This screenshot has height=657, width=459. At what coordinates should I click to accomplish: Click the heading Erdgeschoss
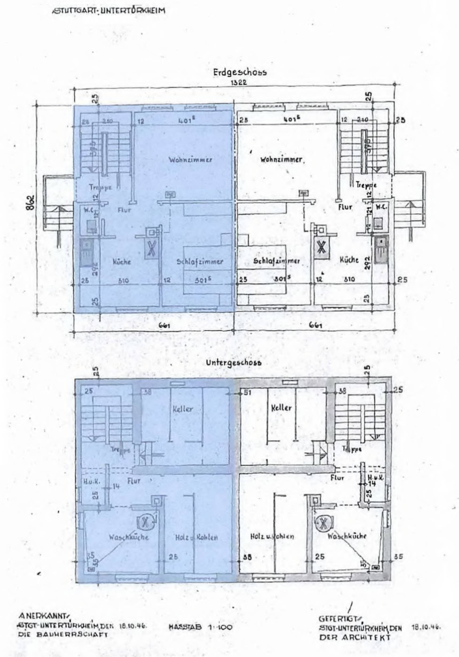[x=240, y=73]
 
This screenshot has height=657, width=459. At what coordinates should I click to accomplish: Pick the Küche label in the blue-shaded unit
[x=122, y=262]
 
